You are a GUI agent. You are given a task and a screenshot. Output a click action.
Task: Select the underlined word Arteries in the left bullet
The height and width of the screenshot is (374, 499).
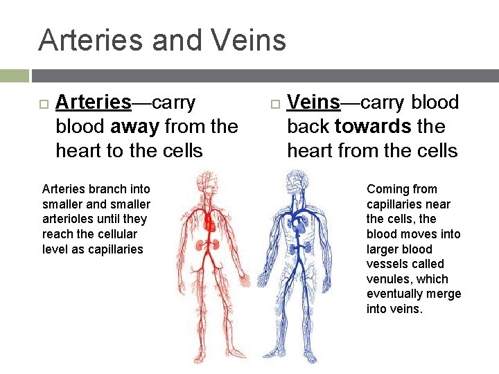93,103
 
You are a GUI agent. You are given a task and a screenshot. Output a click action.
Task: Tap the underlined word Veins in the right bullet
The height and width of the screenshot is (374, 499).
313,103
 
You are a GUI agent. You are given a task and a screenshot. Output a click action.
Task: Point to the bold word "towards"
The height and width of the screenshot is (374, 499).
373,127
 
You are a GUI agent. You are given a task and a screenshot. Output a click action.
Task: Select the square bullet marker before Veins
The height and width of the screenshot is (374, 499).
274,104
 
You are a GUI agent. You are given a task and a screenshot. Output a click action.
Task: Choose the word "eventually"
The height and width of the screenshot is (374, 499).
394,294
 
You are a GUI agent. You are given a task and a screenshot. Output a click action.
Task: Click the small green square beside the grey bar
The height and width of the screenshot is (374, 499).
14,75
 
